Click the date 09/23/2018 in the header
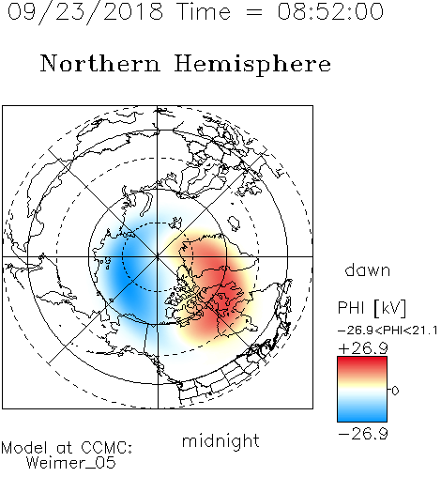85,12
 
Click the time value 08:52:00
330,11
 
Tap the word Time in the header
204,11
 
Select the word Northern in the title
100,63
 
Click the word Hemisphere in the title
252,65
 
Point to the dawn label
368,269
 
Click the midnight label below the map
220,440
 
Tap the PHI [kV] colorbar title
372,308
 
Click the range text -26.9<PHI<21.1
388,331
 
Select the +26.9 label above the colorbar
363,348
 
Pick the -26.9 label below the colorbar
363,434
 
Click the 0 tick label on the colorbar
395,391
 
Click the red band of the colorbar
362,365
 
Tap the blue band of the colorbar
362,412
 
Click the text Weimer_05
71,463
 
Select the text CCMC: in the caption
106,448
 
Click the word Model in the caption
24,448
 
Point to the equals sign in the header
253,12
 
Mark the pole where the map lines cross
158,256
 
